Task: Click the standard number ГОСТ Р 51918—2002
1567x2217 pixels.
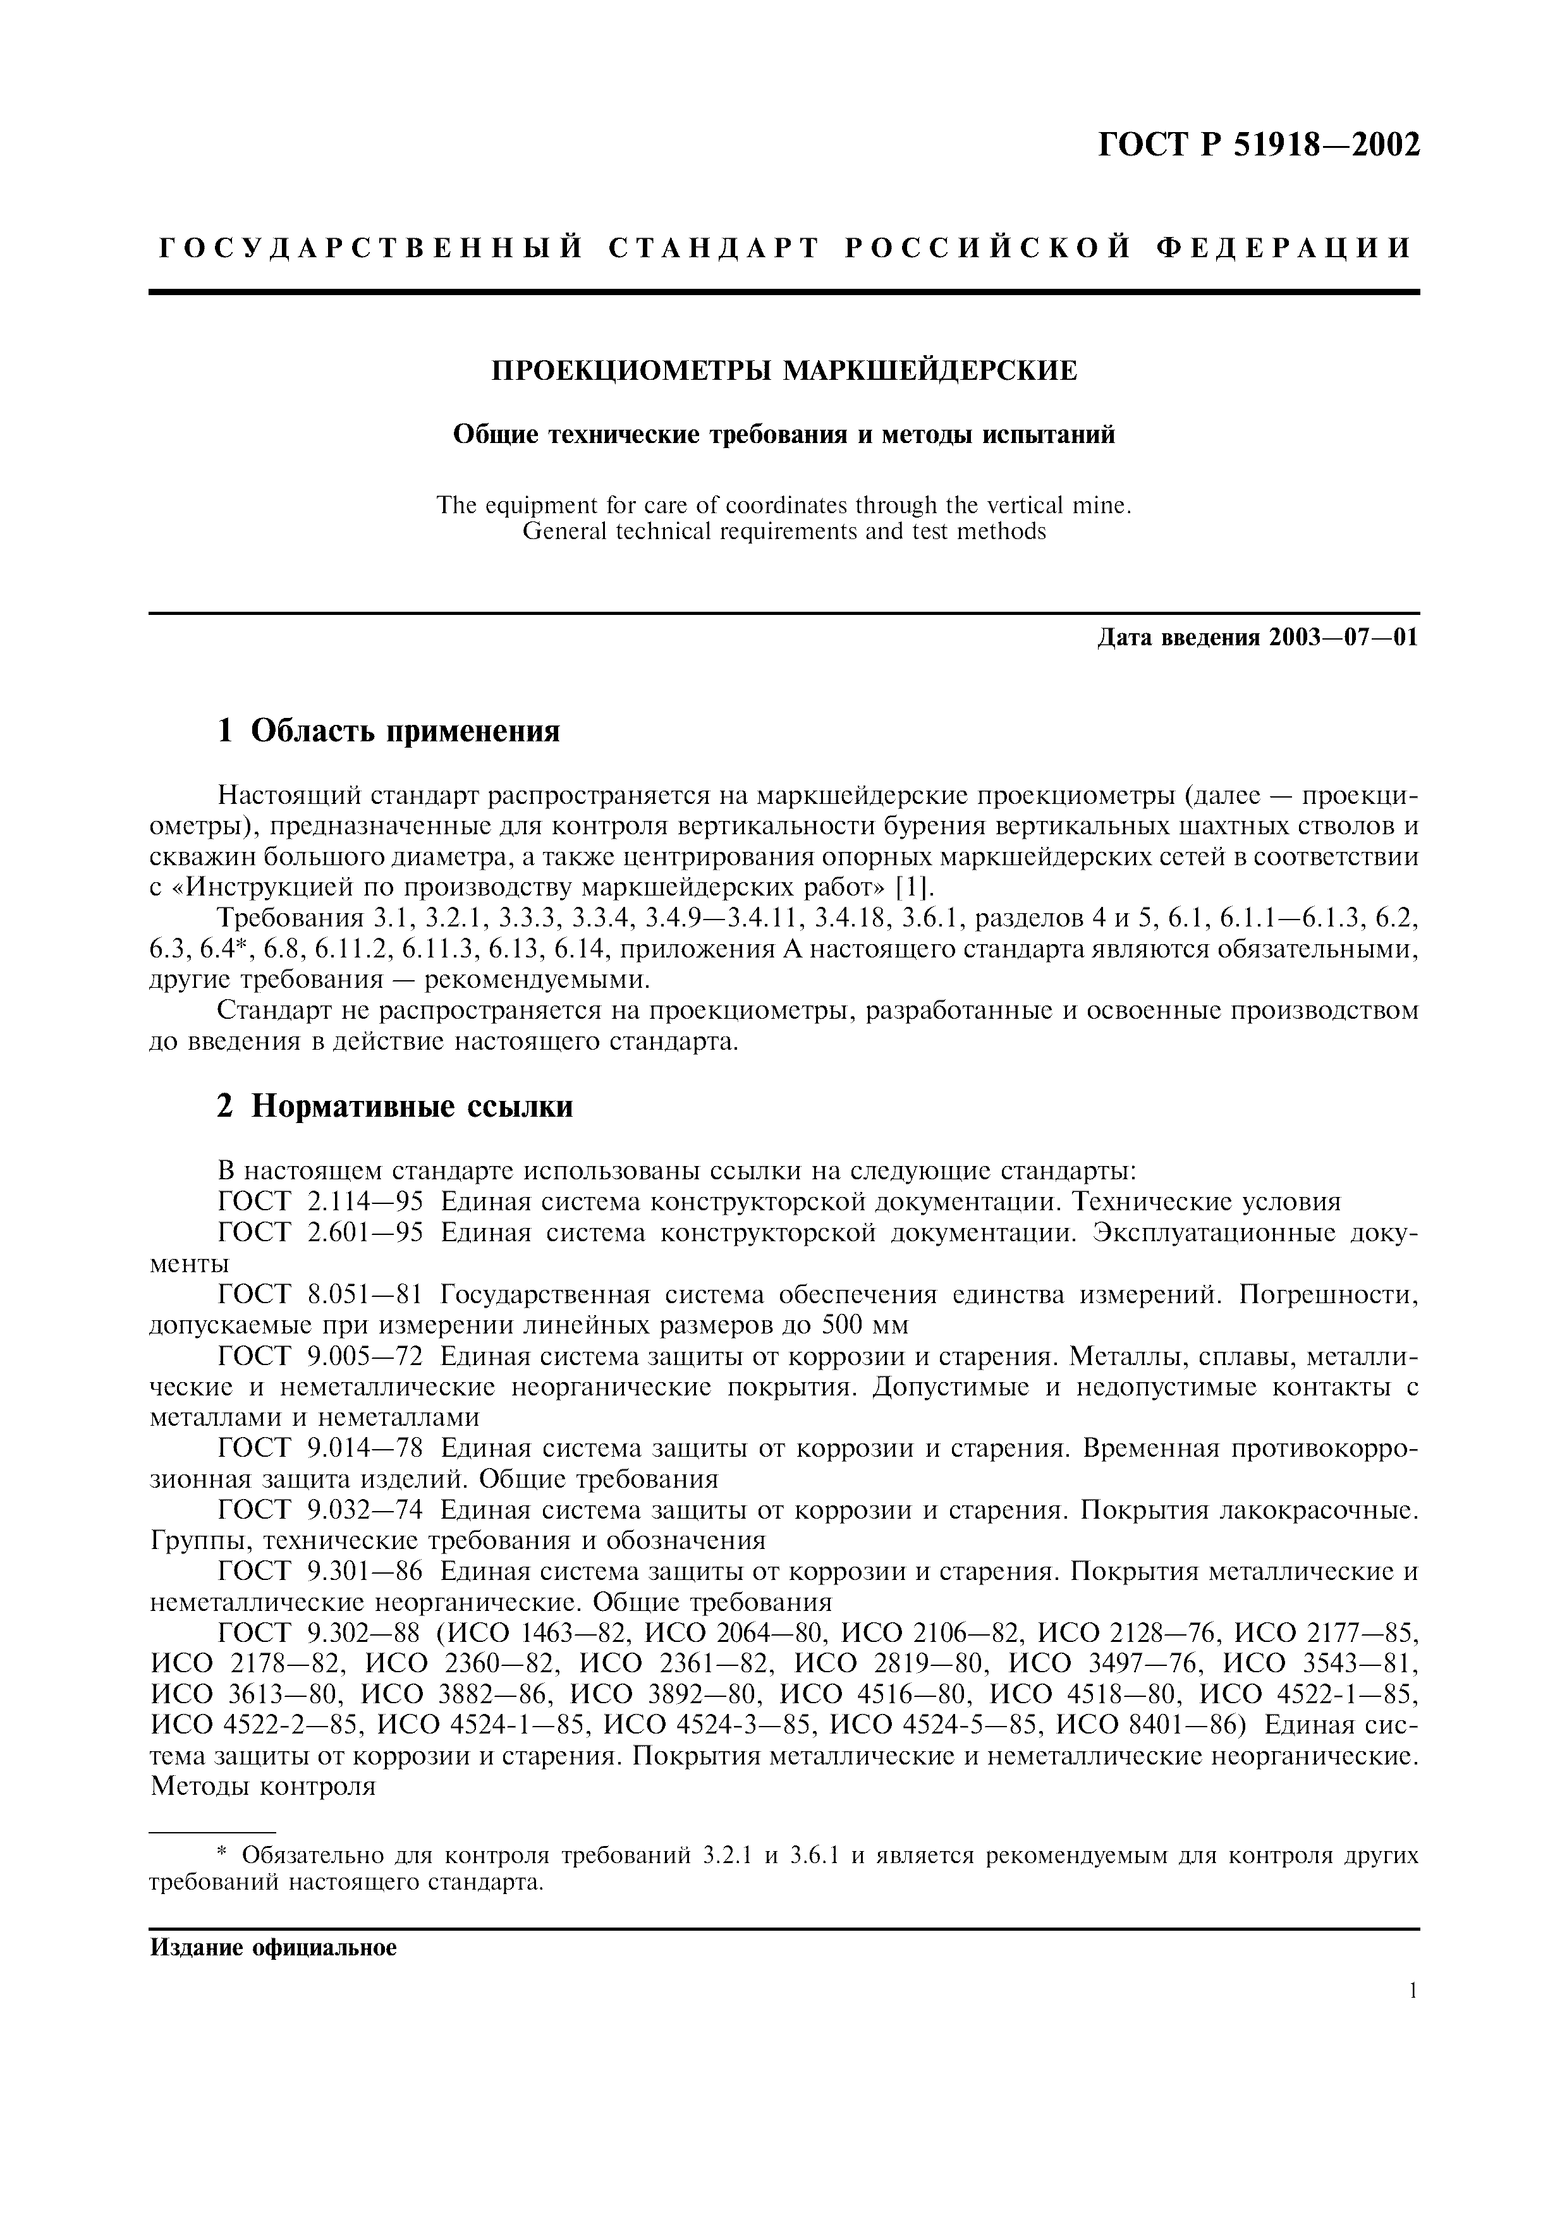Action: [x=1259, y=145]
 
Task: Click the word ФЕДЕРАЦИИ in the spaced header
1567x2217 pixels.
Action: [x=1284, y=249]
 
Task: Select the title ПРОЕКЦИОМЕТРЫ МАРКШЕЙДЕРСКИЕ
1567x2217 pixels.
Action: [x=784, y=371]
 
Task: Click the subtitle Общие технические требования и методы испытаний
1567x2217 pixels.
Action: [x=784, y=435]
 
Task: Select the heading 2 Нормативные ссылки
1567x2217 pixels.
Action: [x=395, y=1107]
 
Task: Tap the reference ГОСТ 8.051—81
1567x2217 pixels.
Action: [x=320, y=1295]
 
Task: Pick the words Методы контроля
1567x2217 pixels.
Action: [x=262, y=1787]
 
